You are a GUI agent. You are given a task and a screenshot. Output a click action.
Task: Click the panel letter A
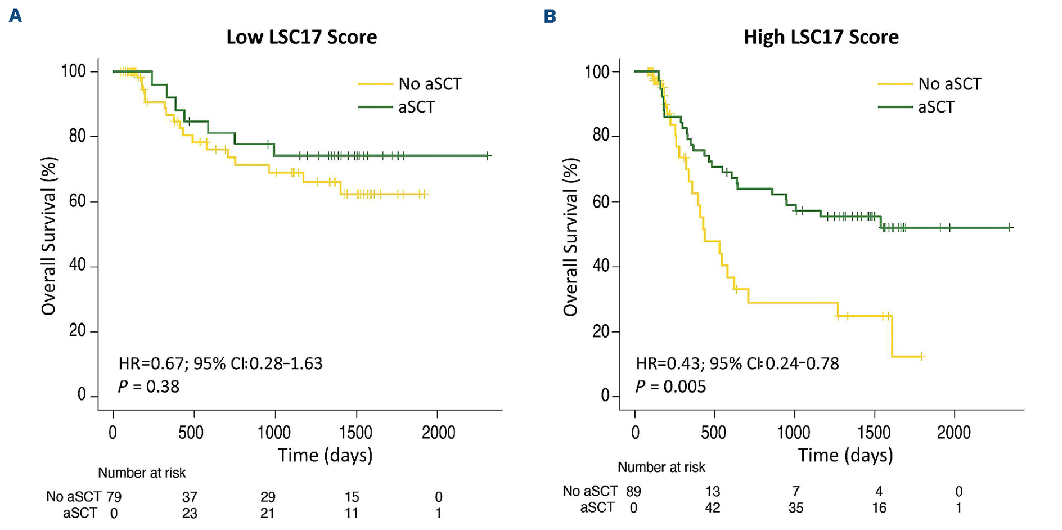[16, 15]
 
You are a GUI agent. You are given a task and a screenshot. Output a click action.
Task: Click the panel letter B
[550, 16]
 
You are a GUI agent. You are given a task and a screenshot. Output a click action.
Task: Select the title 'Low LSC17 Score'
[301, 37]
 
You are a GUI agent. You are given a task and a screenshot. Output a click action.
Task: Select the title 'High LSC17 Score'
[821, 37]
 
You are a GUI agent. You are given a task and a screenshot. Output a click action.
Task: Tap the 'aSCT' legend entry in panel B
[935, 107]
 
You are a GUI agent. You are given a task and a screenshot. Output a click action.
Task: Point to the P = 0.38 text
[148, 387]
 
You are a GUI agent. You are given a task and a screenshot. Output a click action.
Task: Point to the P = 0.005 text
[670, 387]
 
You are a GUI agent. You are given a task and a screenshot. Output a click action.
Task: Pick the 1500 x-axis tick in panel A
[355, 433]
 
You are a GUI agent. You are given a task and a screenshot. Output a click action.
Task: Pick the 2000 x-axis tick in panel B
[954, 433]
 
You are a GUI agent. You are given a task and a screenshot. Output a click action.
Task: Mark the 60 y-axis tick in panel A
[77, 201]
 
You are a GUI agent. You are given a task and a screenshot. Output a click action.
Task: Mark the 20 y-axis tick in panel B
[601, 331]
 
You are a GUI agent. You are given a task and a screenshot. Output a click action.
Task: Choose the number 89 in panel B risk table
[633, 492]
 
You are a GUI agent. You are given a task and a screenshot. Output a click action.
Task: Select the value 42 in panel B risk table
[713, 508]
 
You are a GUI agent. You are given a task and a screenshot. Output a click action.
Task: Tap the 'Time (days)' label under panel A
[325, 455]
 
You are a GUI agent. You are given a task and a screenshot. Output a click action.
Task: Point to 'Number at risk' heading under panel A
[142, 473]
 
